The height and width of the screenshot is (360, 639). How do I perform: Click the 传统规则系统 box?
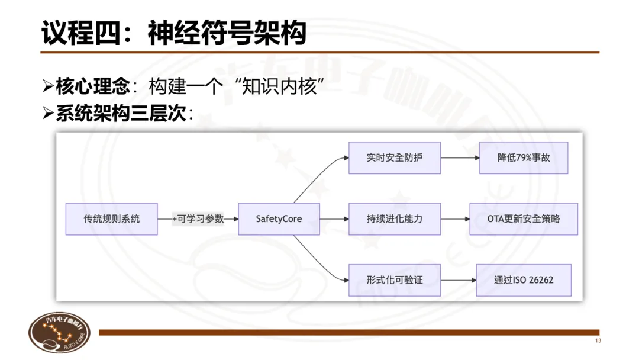pos(112,218)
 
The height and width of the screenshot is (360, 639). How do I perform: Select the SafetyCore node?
pos(279,218)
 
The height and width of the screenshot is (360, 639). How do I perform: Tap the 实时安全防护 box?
pos(395,158)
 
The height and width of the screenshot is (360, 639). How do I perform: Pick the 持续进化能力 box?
pos(395,218)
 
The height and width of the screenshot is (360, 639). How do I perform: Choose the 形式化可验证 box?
pos(395,279)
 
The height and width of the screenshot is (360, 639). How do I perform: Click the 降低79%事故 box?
pos(524,158)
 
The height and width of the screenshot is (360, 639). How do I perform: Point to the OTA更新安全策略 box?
pos(524,218)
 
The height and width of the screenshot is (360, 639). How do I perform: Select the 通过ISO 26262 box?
pos(524,279)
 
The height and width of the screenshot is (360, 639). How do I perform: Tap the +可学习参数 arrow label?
pos(198,218)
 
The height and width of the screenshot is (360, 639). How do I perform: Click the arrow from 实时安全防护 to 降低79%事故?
pos(460,158)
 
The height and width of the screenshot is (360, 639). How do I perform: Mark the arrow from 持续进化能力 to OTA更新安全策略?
pos(455,218)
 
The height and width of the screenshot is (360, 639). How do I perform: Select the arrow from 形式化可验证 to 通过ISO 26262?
pos(458,279)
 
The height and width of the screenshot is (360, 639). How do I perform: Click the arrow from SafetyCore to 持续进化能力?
pos(334,218)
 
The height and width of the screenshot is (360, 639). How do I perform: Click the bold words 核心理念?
pos(93,87)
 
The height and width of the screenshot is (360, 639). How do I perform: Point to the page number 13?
pos(598,341)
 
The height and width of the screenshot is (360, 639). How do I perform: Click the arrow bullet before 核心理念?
pos(48,87)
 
